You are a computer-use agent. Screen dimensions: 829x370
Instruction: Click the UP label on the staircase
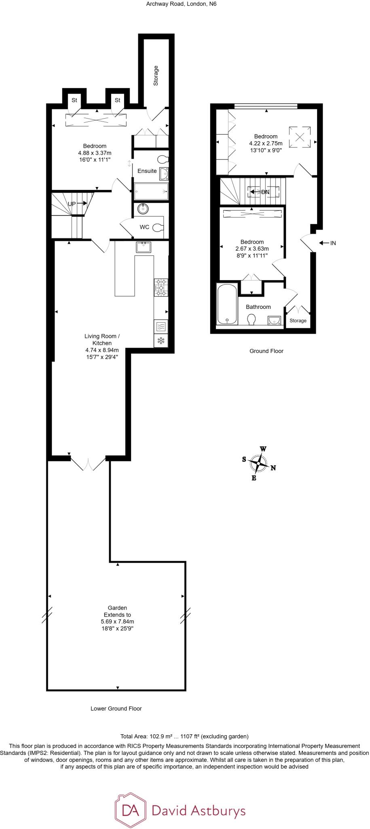coord(72,204)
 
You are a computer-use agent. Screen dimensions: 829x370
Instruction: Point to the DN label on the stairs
coord(265,192)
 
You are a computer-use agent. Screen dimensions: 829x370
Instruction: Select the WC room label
coord(144,227)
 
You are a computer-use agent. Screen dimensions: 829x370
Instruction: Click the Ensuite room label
coord(147,171)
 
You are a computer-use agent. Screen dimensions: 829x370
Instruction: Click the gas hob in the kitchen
coord(161,287)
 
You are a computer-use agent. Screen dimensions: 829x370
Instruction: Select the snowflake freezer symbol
coord(161,341)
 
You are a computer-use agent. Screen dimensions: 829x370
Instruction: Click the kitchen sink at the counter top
coord(144,247)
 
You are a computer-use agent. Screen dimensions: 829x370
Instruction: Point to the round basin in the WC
coord(143,209)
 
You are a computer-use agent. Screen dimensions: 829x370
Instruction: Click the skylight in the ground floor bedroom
coord(300,136)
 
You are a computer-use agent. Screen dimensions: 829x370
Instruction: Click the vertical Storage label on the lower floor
coord(156,76)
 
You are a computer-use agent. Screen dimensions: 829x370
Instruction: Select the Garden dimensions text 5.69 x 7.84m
coord(117,621)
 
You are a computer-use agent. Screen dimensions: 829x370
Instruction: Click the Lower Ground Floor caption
coord(116,708)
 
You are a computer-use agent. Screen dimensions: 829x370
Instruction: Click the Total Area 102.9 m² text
coord(184,736)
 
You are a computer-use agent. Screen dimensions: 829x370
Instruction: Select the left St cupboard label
coord(74,100)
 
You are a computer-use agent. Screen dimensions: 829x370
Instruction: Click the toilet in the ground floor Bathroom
coord(251,319)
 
